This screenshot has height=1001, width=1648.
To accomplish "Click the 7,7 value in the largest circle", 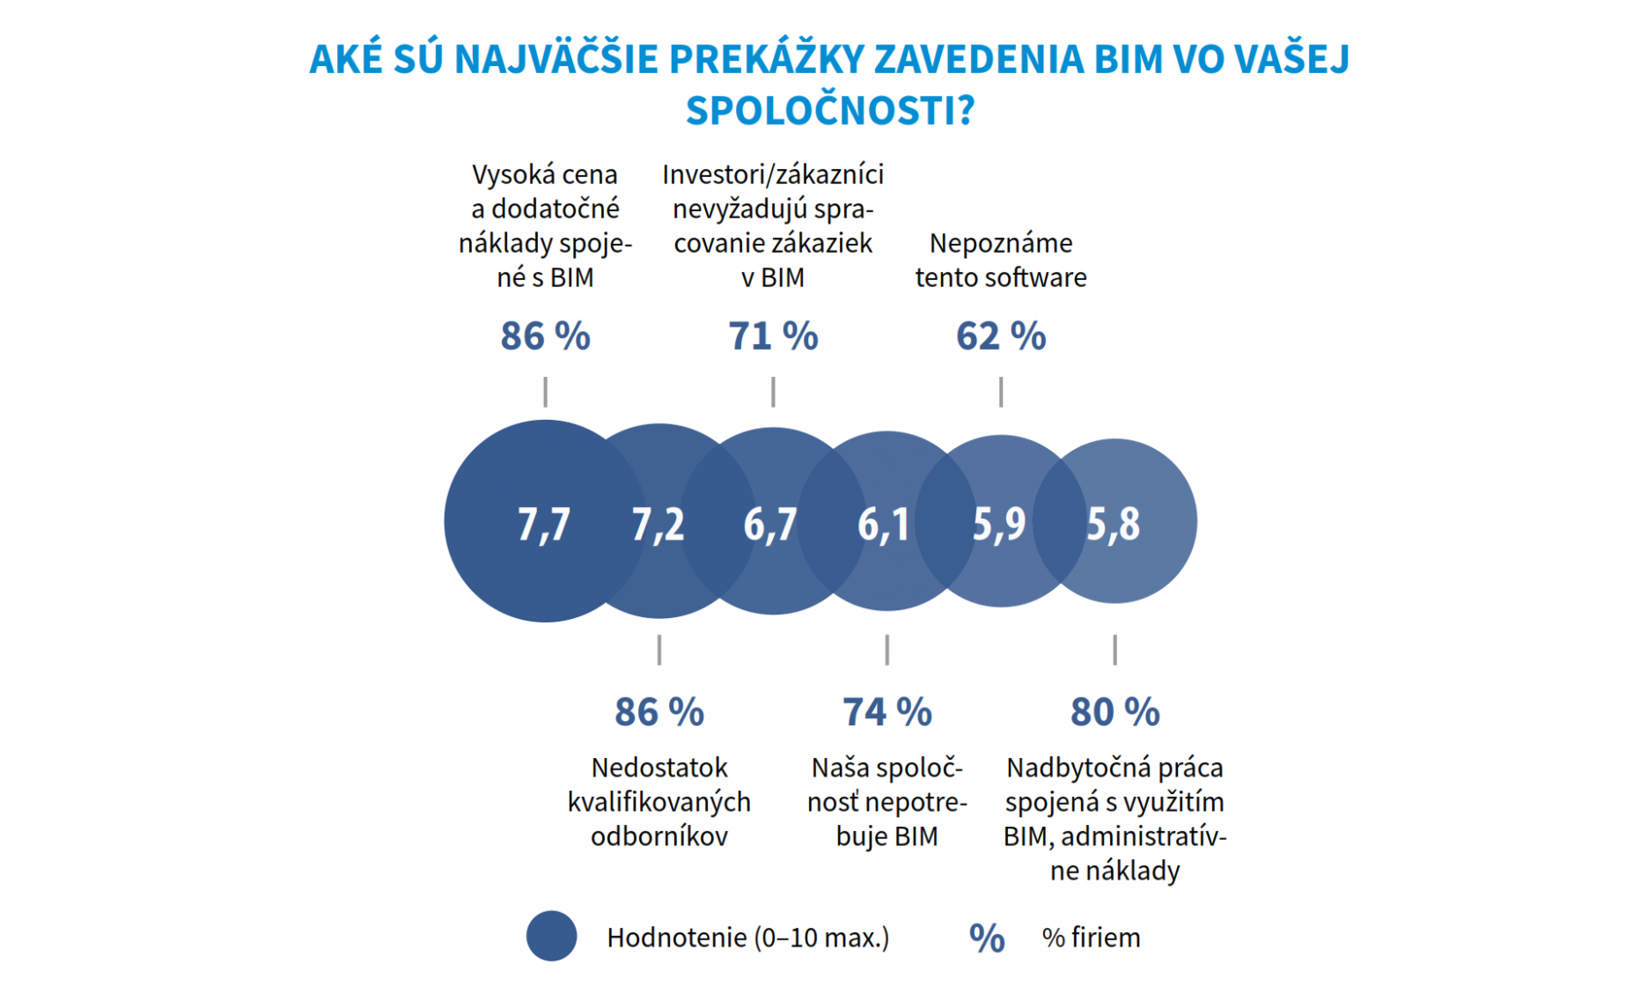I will click(543, 524).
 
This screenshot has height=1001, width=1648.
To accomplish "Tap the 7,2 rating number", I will click(658, 524).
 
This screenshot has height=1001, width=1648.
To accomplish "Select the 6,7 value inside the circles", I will click(770, 524).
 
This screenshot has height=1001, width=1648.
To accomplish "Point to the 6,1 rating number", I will click(884, 524).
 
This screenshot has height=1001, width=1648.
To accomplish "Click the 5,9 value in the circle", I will click(998, 524).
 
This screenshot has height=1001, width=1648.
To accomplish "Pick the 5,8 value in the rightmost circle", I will click(1113, 524).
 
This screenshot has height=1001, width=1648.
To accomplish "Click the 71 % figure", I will click(773, 336).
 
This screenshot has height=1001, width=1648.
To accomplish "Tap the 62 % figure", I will click(1001, 336).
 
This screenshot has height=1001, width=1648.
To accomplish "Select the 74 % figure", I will click(887, 712).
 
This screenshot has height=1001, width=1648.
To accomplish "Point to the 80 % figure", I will click(1115, 712).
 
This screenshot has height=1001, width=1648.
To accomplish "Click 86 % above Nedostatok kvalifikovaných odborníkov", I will click(659, 712).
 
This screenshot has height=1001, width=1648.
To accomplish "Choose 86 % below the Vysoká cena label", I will click(545, 336).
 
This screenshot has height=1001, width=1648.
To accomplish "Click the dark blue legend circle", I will click(552, 936).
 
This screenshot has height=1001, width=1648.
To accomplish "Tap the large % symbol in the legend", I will click(987, 938).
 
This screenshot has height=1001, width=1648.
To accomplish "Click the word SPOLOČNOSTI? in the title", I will click(830, 111).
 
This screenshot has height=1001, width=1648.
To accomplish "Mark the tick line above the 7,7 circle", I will click(546, 392).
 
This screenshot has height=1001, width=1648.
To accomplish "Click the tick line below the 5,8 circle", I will click(1115, 650).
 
